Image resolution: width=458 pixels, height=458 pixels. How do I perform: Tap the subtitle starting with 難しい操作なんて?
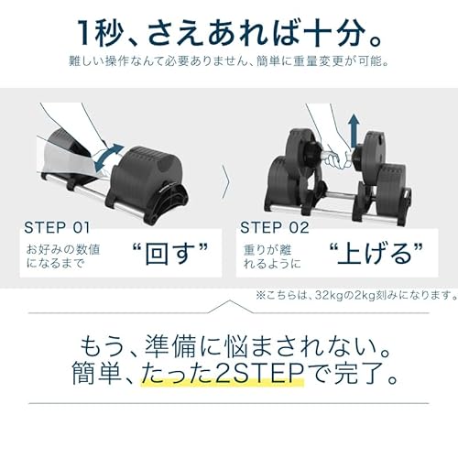(229, 63)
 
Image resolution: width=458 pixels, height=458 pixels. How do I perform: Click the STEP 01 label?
(59, 227)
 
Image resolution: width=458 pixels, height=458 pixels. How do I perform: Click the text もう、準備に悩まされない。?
(229, 346)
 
